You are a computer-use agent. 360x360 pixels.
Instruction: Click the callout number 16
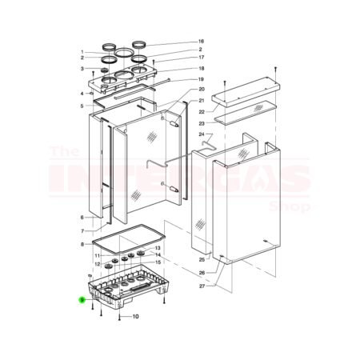[x=202, y=41]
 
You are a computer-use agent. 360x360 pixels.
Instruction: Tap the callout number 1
[x=82, y=52]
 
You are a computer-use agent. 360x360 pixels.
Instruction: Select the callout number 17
[x=202, y=58]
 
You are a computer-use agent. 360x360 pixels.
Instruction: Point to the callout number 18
[x=202, y=69]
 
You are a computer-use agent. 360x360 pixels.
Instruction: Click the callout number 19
[x=202, y=79]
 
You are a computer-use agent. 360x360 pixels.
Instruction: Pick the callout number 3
[x=82, y=68]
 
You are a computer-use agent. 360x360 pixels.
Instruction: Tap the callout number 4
[x=82, y=94]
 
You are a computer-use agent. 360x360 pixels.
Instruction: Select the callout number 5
[x=82, y=106]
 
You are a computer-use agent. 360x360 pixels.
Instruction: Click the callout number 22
[x=202, y=112]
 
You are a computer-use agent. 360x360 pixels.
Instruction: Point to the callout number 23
[x=202, y=123]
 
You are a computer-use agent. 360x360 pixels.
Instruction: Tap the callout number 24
[x=202, y=134]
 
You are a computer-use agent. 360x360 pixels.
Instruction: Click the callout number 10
[x=135, y=317]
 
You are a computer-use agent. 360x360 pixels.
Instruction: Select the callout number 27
[x=202, y=286]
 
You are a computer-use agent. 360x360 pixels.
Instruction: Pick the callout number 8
[x=82, y=244]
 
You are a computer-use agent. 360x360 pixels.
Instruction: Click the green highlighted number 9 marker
[x=82, y=299]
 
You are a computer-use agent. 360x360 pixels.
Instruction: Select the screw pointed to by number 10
[x=119, y=318]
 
